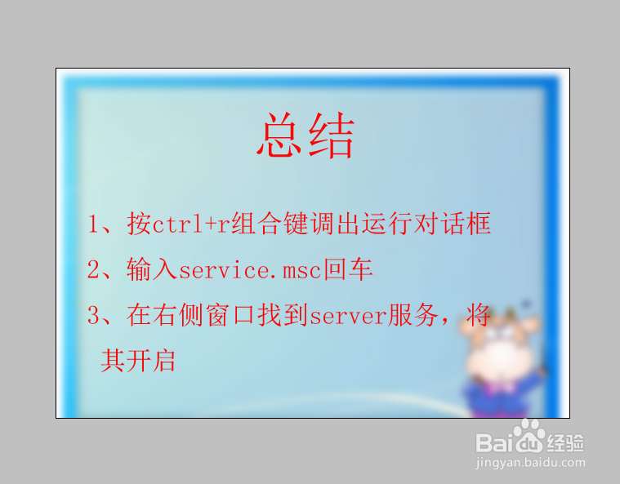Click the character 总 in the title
click(280, 136)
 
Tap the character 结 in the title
click(331, 136)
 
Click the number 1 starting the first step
click(93, 224)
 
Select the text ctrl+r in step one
click(191, 224)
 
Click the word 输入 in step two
click(152, 270)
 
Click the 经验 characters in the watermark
click(565, 442)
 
